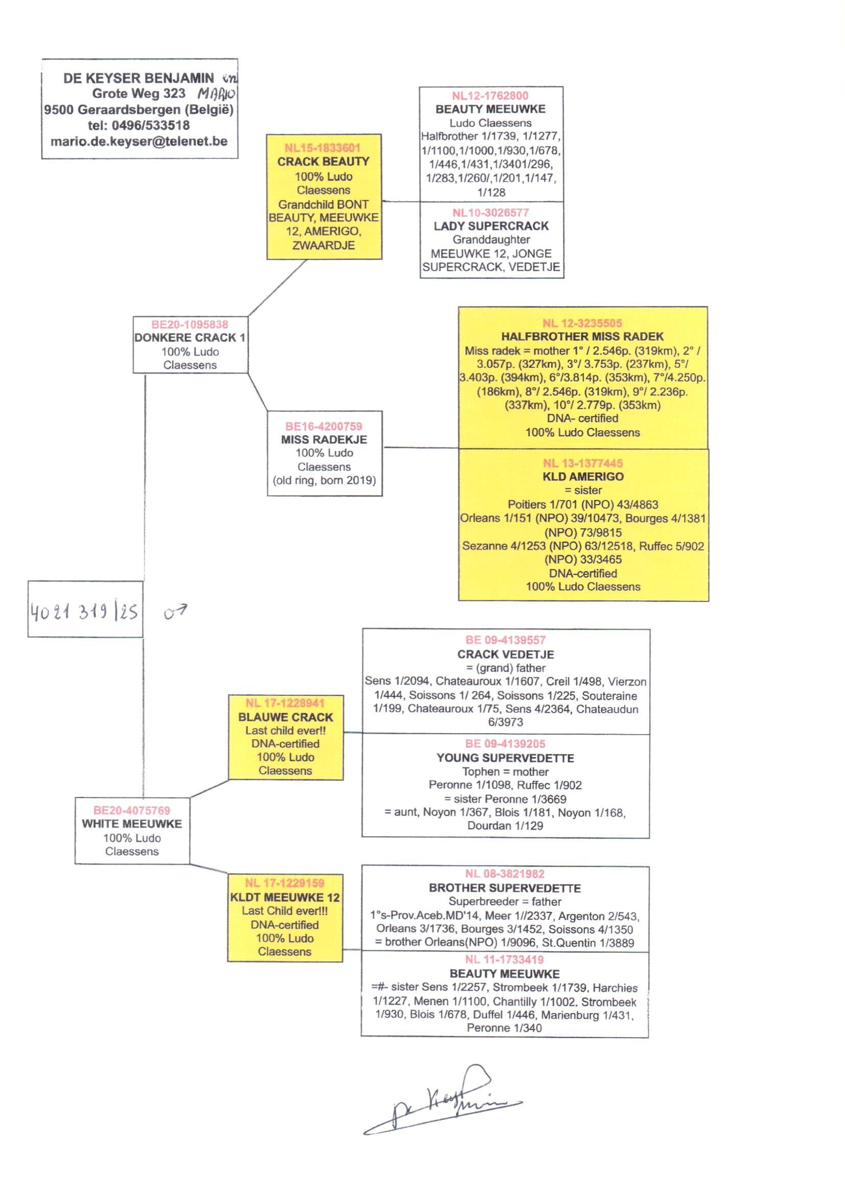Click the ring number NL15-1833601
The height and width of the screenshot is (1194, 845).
[x=322, y=148]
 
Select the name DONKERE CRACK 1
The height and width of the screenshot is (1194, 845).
[x=190, y=338]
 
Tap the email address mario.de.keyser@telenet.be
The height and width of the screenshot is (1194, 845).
[x=139, y=142]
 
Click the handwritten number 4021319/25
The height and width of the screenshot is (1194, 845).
[x=84, y=612]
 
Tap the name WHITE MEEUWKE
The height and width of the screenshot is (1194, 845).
[x=132, y=824]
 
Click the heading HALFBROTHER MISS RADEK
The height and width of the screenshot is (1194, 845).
[x=582, y=337]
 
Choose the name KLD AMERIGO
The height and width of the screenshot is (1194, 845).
[x=583, y=477]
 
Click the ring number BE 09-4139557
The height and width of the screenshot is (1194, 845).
[x=505, y=641]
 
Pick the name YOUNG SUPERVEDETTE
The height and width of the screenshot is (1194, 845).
[x=505, y=758]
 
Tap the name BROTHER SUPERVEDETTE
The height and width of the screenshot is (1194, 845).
[x=505, y=888]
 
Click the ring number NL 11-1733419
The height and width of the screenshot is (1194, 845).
[x=504, y=959]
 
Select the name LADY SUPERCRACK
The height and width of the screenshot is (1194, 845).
[x=491, y=226]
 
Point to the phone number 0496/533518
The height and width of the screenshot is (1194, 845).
[x=151, y=125]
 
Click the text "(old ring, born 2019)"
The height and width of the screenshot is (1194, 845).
[x=324, y=480]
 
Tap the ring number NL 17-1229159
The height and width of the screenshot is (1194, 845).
[x=285, y=883]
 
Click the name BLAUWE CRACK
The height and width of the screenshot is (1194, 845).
[x=286, y=717]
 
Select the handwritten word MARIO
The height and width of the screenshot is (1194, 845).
[x=217, y=94]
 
